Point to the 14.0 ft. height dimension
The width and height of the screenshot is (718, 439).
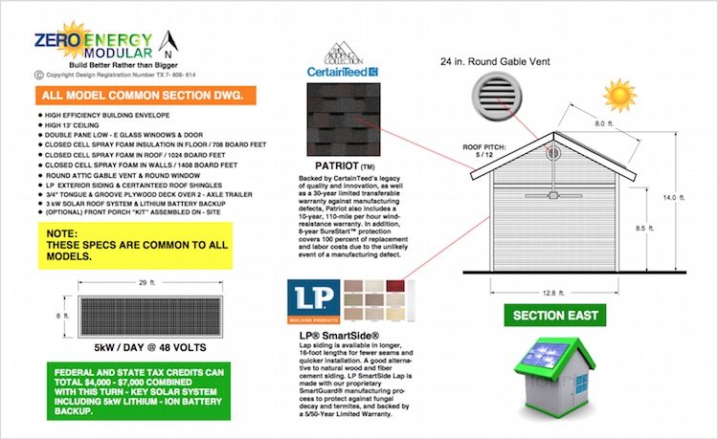click(676, 197)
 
